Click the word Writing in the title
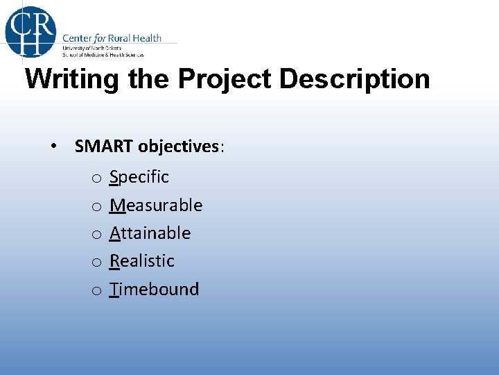73,80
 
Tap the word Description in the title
354,80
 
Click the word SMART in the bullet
105,147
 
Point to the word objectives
179,147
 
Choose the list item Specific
139,177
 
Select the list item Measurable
156,206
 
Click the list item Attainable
150,233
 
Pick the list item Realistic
142,261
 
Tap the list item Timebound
154,290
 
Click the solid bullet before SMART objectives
53,147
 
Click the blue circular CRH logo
30,30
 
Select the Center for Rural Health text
112,38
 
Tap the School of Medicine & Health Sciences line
103,53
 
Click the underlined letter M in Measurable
117,206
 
